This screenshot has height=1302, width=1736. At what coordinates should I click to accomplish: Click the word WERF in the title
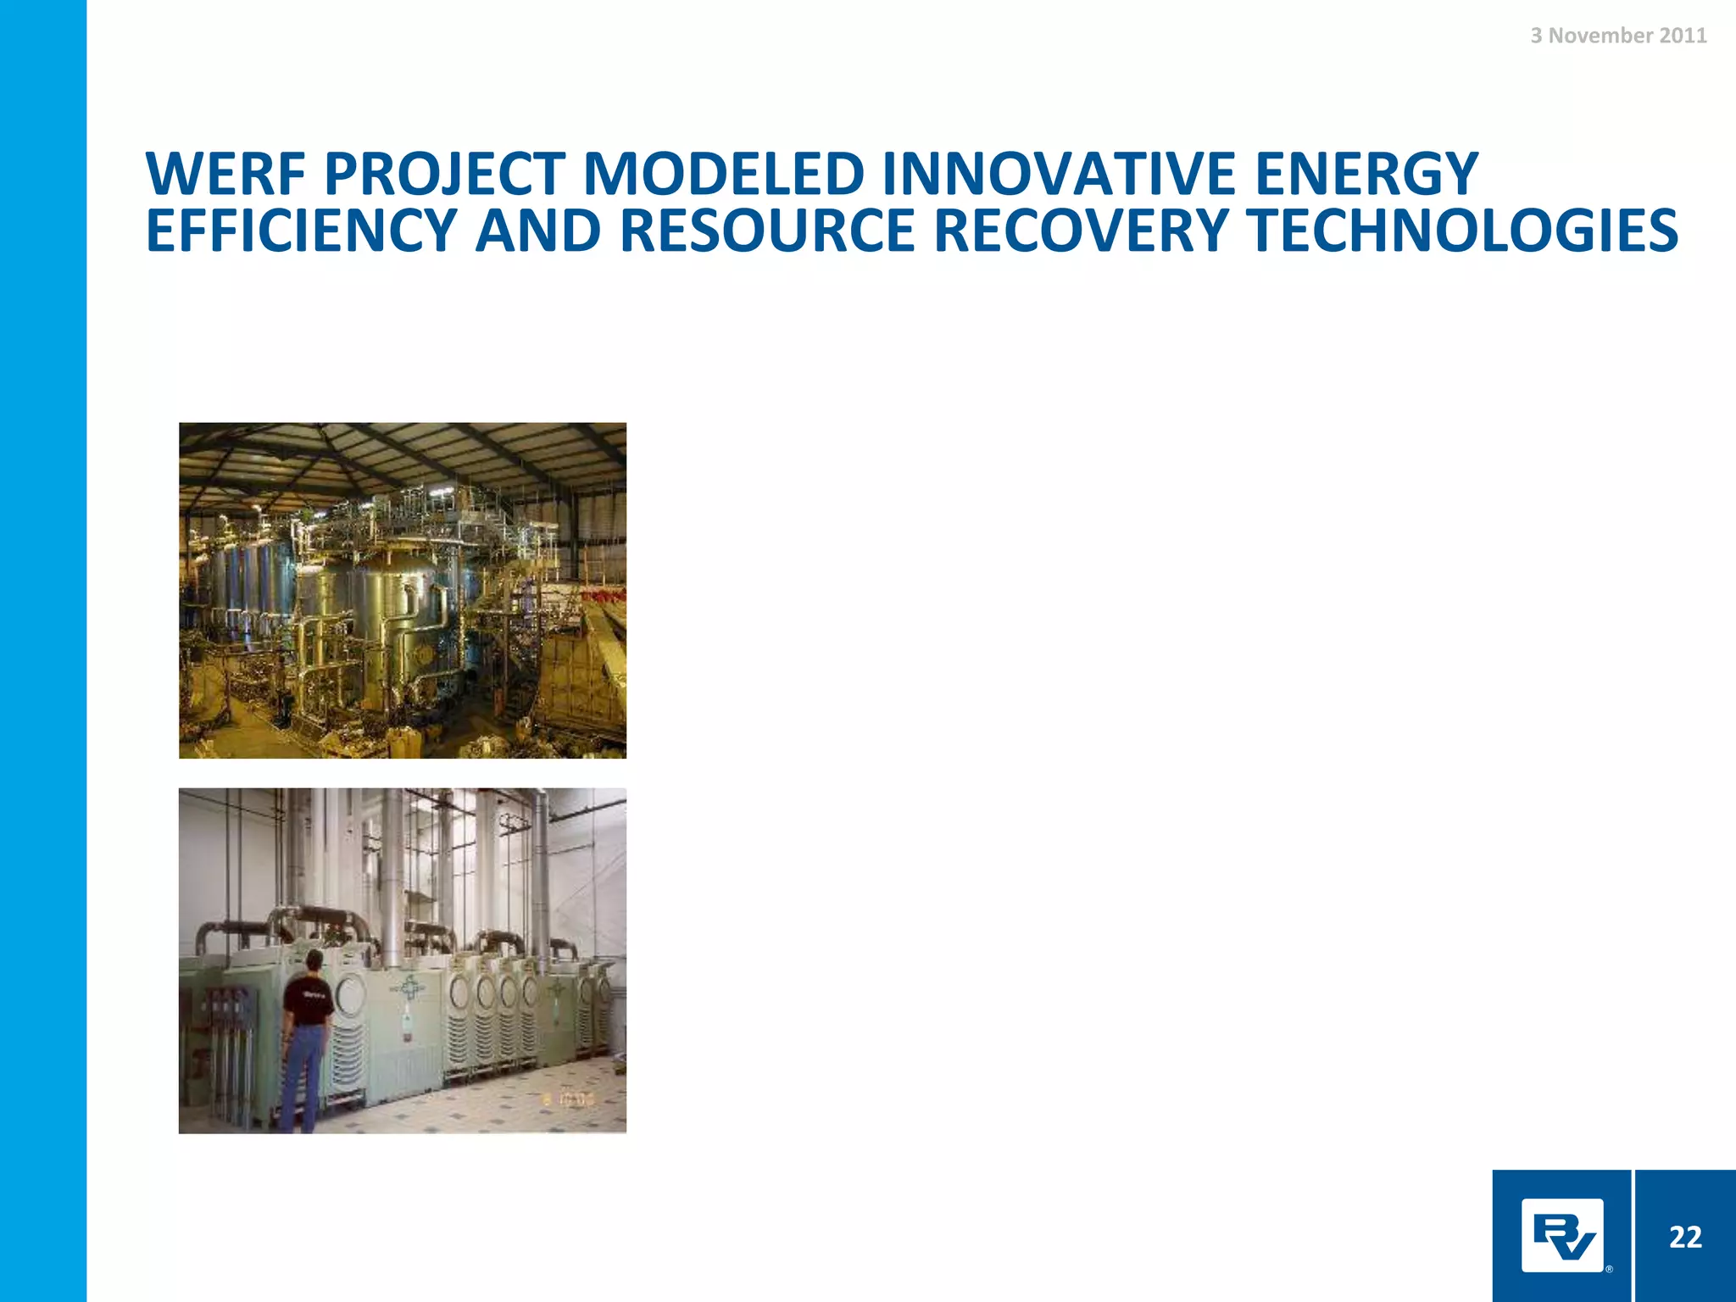(x=225, y=175)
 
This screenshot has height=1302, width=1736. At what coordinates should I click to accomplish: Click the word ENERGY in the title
(x=1366, y=175)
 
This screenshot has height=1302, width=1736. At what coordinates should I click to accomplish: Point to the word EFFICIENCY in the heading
(x=302, y=231)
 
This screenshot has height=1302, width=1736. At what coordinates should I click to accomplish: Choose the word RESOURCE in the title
(x=768, y=231)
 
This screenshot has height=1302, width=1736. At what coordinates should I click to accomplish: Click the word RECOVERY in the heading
(x=1082, y=231)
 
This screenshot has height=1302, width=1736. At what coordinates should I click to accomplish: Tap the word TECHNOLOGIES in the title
(x=1461, y=231)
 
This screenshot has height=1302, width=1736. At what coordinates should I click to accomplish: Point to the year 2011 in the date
(x=1683, y=36)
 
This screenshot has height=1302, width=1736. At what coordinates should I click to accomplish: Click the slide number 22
(x=1685, y=1237)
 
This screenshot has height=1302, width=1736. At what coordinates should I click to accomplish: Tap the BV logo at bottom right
(x=1561, y=1235)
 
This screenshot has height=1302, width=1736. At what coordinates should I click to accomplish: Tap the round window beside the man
(x=350, y=993)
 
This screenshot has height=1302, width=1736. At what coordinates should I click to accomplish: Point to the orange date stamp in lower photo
(x=569, y=1099)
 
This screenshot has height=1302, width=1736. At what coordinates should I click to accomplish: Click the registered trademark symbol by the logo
(x=1609, y=1269)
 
